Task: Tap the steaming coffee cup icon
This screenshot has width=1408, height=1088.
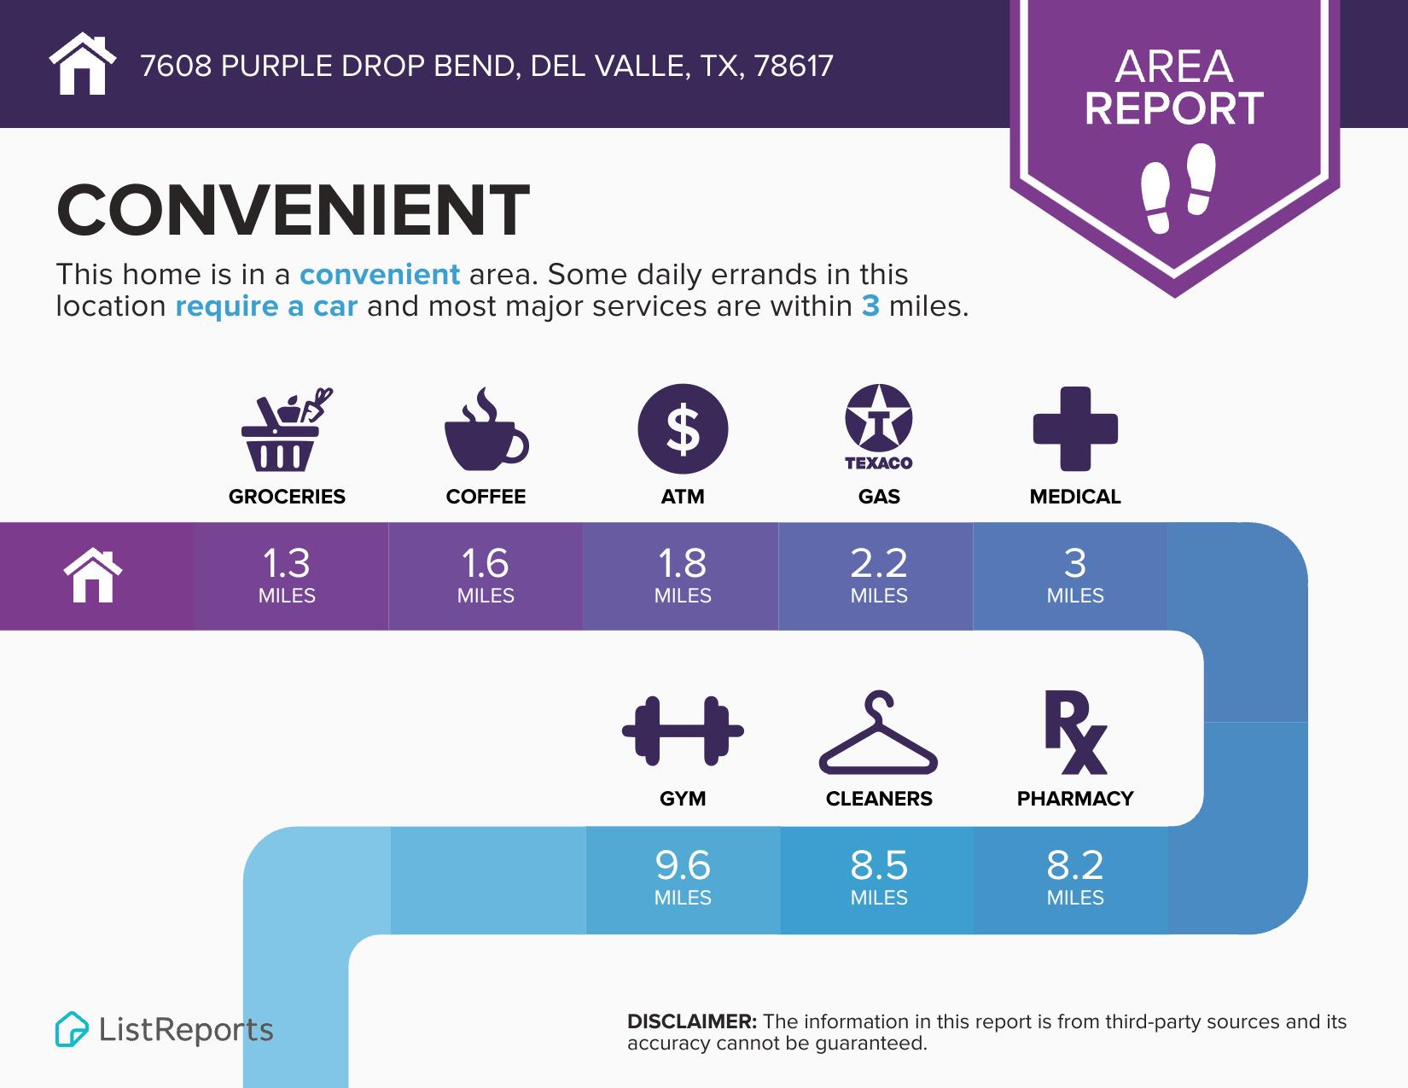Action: coord(486,433)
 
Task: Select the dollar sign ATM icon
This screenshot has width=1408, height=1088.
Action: coord(683,429)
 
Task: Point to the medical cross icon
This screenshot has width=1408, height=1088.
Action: coord(1075,429)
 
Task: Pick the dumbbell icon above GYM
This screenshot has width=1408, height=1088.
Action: coord(683,730)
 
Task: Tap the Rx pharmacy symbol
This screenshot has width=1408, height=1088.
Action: coord(1075,734)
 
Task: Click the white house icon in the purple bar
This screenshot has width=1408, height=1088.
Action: coord(93,576)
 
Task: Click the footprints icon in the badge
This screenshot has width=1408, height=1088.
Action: coord(1178,188)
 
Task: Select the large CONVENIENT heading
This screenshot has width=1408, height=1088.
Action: coord(293,210)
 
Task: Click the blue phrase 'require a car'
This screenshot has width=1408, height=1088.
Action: coord(266,306)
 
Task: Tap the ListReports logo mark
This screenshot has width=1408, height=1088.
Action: coord(72,1029)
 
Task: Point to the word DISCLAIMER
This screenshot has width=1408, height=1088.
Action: coord(691,1021)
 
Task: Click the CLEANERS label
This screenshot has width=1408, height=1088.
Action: coord(879,799)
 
